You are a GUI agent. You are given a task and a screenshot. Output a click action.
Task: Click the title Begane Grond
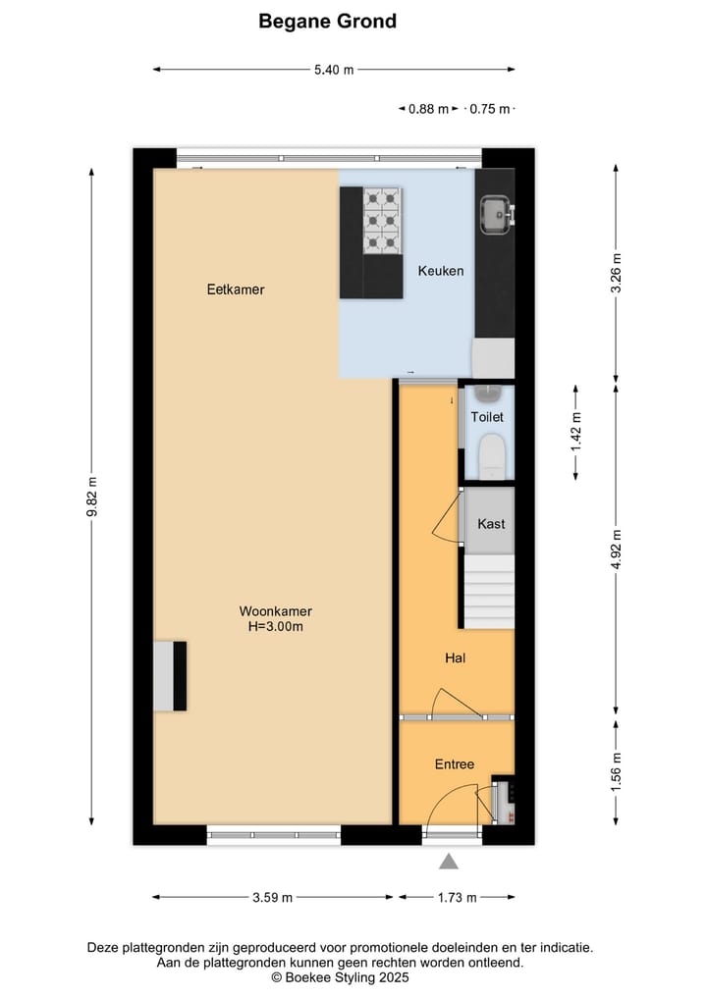[327, 21]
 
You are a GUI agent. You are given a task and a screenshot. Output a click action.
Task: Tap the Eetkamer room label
[236, 289]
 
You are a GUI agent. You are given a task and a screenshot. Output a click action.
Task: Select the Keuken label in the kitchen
[440, 271]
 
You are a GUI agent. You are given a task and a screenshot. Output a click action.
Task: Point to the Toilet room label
[487, 417]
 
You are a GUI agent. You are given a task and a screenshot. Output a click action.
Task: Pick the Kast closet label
[491, 524]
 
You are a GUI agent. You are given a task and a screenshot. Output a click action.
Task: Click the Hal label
[455, 657]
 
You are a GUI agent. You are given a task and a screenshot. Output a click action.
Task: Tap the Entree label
[455, 764]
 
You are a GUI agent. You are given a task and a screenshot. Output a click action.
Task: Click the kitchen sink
[493, 212]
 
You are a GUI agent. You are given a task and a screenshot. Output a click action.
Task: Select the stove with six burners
[382, 220]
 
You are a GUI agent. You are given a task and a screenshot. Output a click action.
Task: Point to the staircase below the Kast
[489, 591]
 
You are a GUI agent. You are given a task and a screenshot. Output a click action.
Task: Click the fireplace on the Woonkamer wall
[169, 676]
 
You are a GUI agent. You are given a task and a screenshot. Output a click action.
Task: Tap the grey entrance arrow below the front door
[449, 862]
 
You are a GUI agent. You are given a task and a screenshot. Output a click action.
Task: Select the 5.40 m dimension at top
[334, 70]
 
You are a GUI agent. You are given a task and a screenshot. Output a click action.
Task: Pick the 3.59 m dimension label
[273, 897]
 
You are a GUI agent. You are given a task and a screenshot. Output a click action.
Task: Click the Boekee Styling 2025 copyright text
[340, 977]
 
